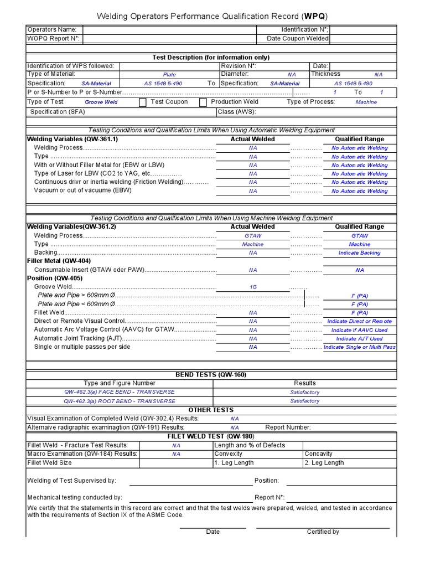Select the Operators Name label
point(52,29)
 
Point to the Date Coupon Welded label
point(297,38)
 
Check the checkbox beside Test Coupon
point(143,102)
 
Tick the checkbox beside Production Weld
point(203,102)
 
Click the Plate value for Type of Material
point(169,75)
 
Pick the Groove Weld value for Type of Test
point(101,102)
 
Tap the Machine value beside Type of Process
point(366,102)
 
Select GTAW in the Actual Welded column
point(252,235)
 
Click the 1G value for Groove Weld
point(252,287)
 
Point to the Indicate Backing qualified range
point(359,253)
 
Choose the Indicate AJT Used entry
point(359,339)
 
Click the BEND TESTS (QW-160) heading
point(211,375)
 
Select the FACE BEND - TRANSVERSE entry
point(119,392)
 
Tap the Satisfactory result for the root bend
point(304,401)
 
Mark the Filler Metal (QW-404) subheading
point(59,261)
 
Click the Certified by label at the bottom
point(323,532)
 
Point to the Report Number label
point(288,427)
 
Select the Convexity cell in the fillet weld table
point(228,454)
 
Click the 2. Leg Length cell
point(324,463)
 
